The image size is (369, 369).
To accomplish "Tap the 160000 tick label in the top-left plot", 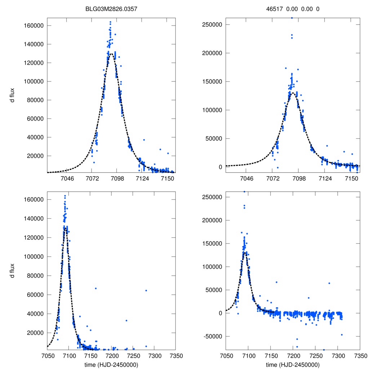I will (x=34, y=26).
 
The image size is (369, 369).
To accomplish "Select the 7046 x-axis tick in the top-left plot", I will (x=67, y=179).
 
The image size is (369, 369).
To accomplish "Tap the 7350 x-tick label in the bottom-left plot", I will (x=175, y=356).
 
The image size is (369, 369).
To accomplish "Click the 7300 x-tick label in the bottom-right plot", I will (x=337, y=356).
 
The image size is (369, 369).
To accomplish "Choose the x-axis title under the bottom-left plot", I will (x=111, y=364).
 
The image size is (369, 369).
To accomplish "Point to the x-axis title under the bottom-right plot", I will (x=293, y=364).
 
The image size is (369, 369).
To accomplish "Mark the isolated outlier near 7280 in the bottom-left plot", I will (x=146, y=290).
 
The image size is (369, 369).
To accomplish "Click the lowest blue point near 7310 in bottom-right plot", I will (x=342, y=335).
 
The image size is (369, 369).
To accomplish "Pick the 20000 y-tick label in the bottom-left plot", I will (x=35, y=333).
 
